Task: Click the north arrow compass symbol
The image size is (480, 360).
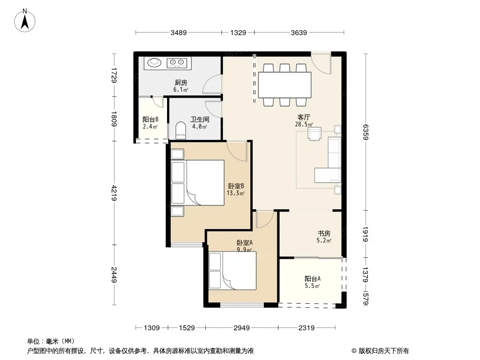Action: (x=25, y=21)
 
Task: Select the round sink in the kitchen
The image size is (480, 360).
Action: (x=154, y=63)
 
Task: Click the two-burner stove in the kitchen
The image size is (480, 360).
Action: (x=177, y=63)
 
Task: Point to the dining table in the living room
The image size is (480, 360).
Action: (x=285, y=85)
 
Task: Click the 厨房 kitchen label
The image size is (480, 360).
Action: (x=181, y=83)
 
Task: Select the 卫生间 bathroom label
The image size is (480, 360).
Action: (x=199, y=119)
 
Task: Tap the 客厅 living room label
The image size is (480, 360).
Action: (x=303, y=117)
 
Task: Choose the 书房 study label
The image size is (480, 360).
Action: (x=324, y=234)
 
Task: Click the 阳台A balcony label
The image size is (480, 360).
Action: (x=312, y=279)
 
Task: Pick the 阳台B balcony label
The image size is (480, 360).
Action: (x=150, y=119)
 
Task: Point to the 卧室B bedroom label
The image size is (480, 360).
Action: (x=235, y=186)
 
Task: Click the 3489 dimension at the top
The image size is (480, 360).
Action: (x=178, y=32)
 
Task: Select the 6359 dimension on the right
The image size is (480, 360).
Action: (x=365, y=132)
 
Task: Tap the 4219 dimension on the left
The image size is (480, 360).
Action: (x=114, y=193)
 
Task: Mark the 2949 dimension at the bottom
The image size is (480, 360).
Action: (x=241, y=328)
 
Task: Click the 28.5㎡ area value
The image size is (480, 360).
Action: (x=303, y=124)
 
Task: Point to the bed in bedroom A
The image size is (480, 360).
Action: (x=232, y=270)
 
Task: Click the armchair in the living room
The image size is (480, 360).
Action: (x=314, y=134)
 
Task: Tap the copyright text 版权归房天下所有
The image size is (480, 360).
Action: (x=384, y=351)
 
